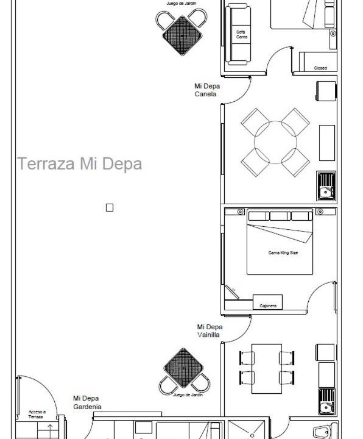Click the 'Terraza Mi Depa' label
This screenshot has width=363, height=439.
(x=80, y=164)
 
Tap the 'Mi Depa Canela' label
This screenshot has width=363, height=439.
(x=207, y=90)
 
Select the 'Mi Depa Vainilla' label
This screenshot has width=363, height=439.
(x=210, y=331)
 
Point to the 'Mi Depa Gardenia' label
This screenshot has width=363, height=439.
(x=87, y=402)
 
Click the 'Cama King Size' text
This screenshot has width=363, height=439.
(x=283, y=253)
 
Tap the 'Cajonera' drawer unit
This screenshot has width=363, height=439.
(x=267, y=302)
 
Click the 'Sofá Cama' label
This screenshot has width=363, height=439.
(x=241, y=34)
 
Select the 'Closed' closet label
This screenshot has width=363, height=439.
(x=320, y=68)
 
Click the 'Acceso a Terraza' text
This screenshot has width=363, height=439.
(x=37, y=415)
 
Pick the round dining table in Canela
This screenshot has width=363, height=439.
(x=275, y=143)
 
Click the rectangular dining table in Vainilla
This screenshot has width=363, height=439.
(x=267, y=369)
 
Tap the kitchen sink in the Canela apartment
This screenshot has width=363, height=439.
(x=326, y=186)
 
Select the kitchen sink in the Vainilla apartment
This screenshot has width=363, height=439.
(x=326, y=401)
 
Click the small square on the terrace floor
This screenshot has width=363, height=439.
(x=110, y=208)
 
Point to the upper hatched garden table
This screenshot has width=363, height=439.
(x=182, y=35)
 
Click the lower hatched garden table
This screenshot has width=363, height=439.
(x=184, y=368)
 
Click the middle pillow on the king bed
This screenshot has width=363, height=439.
(x=280, y=216)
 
